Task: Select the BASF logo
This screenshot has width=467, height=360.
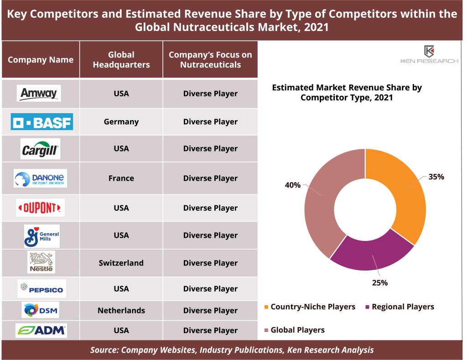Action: pos(42,122)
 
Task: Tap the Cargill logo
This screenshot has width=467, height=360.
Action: pos(40,149)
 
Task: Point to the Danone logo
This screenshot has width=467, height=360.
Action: pos(40,178)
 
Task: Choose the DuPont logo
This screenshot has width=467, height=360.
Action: pos(40,208)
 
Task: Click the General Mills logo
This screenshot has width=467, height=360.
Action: pos(42,235)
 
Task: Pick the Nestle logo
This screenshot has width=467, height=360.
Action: pos(41,263)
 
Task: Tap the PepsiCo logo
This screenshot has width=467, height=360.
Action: pos(42,289)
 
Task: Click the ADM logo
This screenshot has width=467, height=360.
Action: pos(41,330)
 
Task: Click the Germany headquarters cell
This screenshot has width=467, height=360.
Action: pos(121,122)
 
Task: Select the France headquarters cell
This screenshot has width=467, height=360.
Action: pos(121,178)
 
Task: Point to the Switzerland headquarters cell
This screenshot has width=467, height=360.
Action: pos(121,263)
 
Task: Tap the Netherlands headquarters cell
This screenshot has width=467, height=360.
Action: pos(121,311)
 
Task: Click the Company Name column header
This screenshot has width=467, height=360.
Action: pos(41,60)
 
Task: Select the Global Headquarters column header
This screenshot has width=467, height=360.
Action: pos(121,60)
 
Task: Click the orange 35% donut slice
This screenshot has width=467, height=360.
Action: pos(401,192)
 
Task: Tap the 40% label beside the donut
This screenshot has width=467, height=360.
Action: pos(293,185)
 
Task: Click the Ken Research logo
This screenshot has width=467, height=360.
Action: pos(429,55)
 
